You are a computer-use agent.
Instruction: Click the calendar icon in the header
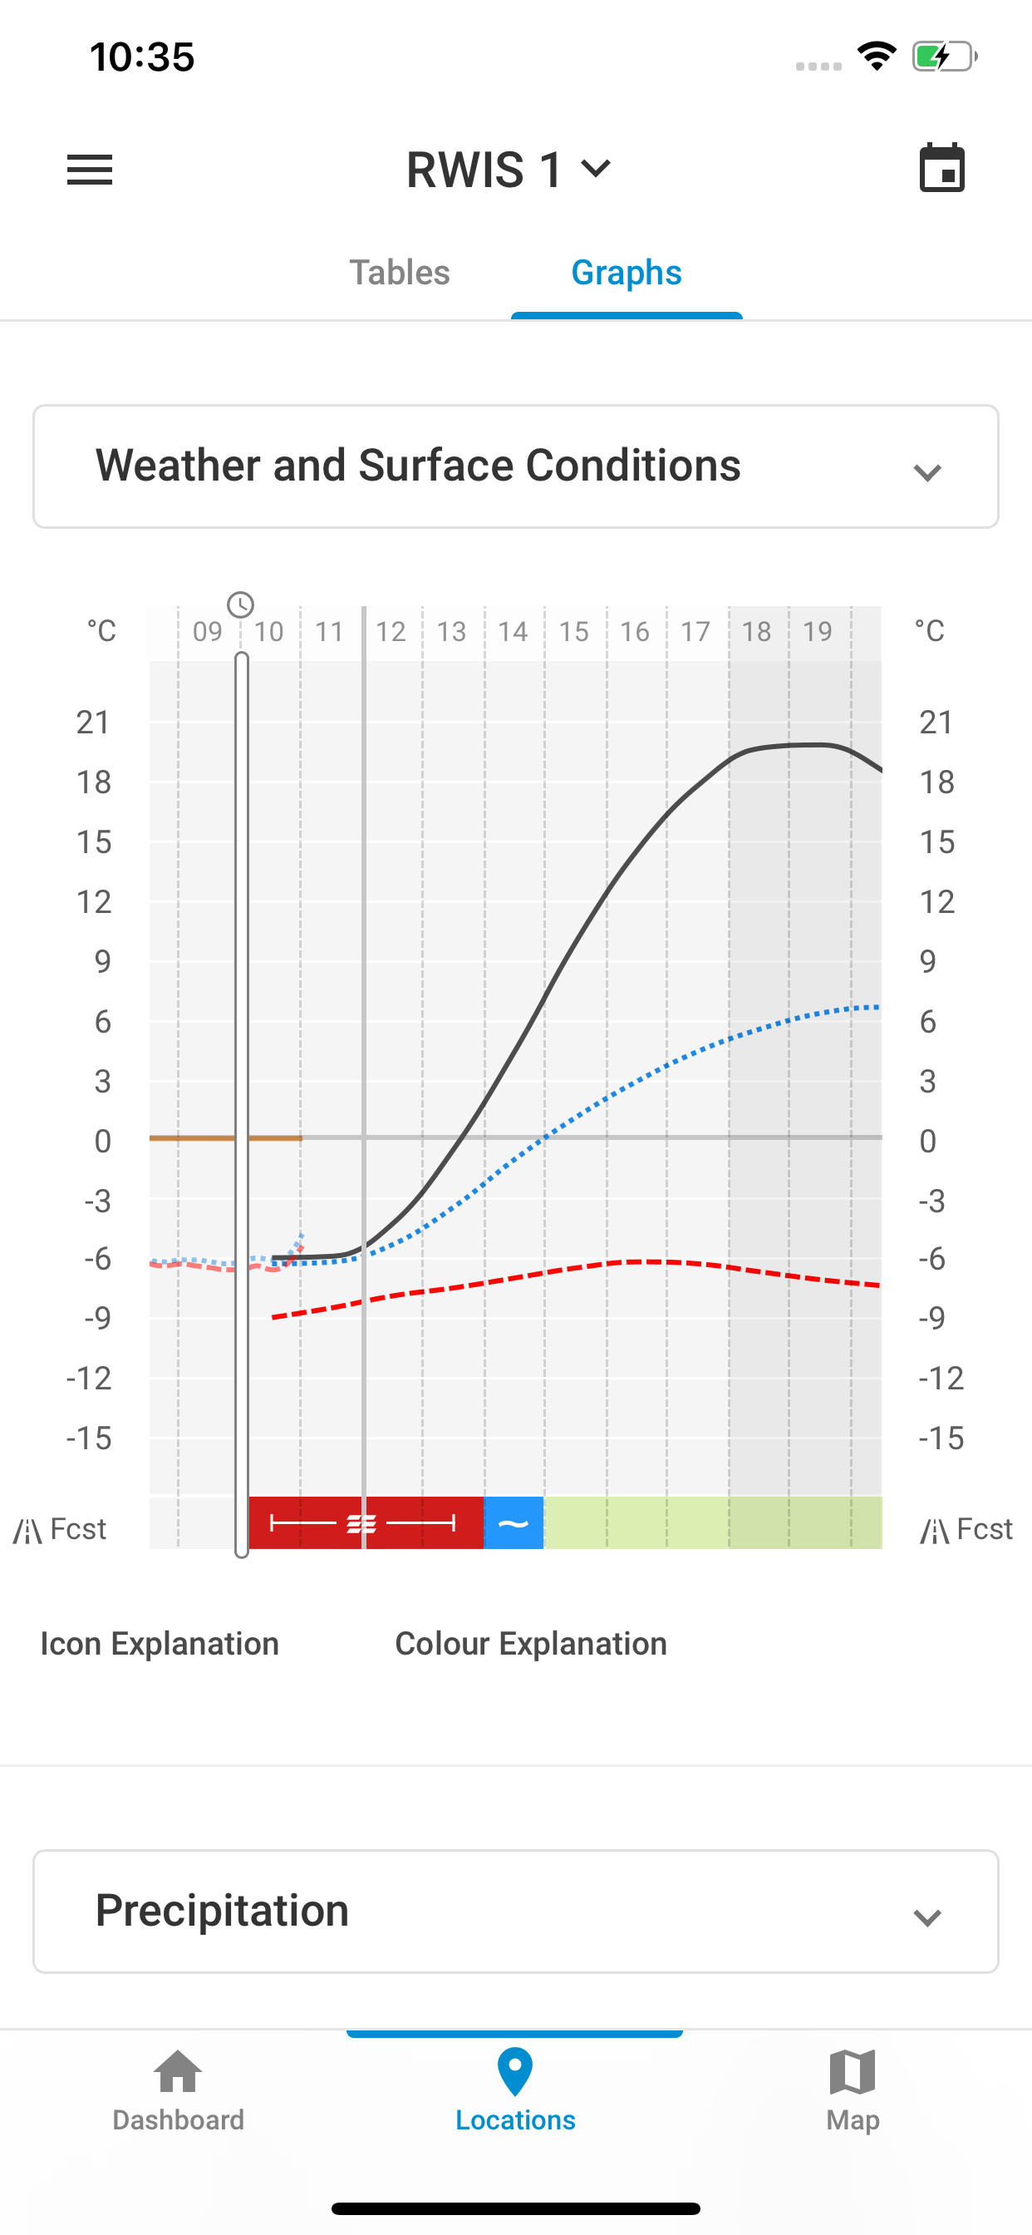(941, 167)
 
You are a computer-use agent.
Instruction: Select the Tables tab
(399, 273)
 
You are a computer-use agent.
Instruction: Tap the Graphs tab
(627, 273)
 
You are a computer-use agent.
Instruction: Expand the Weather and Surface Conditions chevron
(927, 472)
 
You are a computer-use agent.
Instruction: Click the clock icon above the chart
(240, 604)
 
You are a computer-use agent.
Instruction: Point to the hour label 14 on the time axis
(513, 632)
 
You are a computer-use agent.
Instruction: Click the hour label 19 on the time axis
(817, 632)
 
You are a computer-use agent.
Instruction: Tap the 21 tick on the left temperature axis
(94, 722)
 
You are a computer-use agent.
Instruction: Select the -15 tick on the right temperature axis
(941, 1438)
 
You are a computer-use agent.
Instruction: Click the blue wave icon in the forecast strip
(514, 1522)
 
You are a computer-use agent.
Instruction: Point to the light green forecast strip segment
(711, 1522)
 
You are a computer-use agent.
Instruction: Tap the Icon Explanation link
(160, 1643)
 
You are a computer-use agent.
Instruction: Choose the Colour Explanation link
(531, 1643)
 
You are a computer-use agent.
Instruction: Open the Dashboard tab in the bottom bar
(178, 2090)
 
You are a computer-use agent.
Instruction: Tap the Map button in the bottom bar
(853, 2090)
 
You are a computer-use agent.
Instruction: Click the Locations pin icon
(515, 2071)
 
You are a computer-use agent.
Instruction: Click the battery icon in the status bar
(944, 57)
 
